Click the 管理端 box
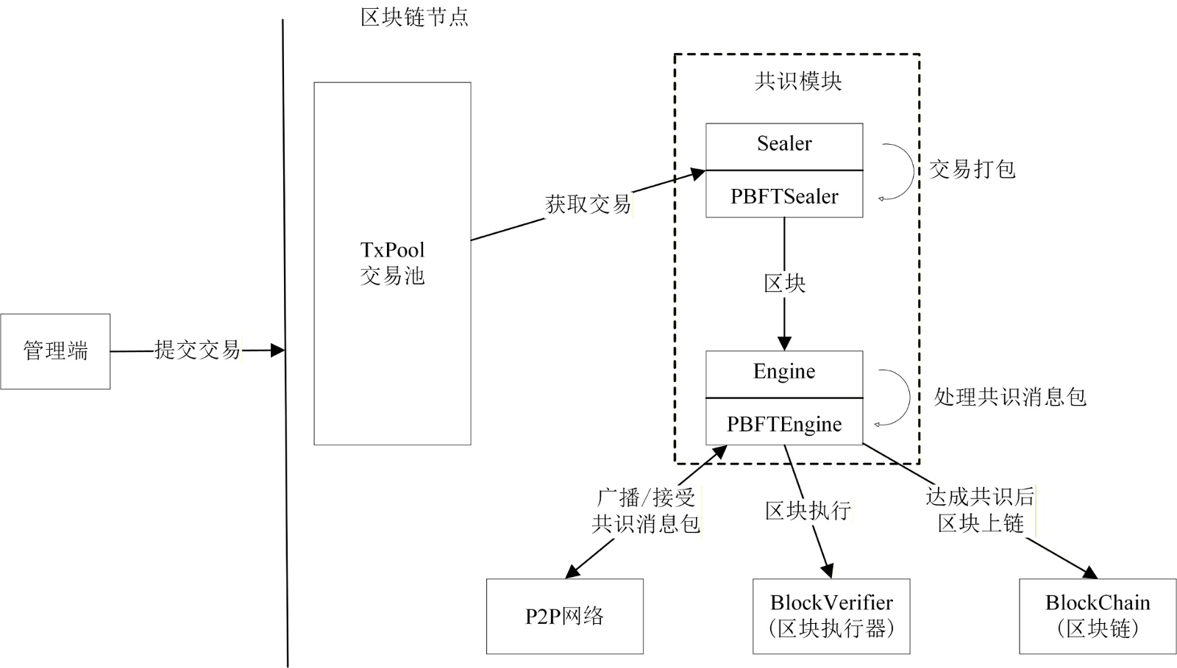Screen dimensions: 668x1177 tap(55, 351)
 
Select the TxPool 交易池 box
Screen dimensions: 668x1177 tap(392, 263)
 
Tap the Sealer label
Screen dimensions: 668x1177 tap(784, 144)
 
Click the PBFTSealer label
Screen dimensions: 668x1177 tap(784, 196)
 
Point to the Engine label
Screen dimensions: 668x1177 tap(784, 372)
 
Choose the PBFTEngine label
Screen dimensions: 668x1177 tap(784, 424)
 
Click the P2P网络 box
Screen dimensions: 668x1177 tap(564, 616)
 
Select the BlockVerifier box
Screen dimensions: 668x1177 tap(831, 616)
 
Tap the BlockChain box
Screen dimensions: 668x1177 tap(1098, 616)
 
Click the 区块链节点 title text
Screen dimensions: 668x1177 tap(415, 17)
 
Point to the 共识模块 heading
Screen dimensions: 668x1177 tap(798, 81)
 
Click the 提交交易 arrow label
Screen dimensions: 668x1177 tap(197, 350)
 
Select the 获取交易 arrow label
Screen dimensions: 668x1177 tap(588, 204)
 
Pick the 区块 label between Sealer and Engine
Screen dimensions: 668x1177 tap(784, 284)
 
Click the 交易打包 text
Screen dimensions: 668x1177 tap(972, 170)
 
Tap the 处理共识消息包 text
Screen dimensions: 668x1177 tap(1009, 398)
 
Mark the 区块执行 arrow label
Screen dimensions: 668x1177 tap(808, 511)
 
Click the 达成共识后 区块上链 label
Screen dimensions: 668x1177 tap(980, 510)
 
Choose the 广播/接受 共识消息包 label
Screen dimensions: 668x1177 tap(646, 511)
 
